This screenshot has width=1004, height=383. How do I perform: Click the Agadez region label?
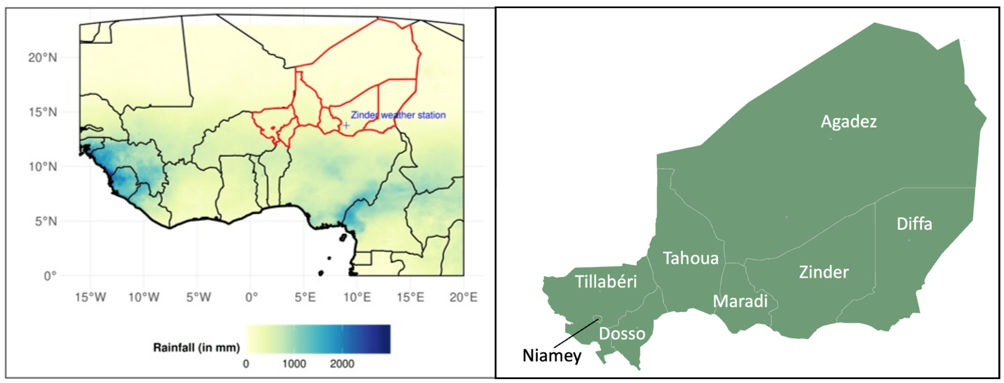[x=849, y=122]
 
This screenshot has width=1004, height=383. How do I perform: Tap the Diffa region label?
[x=914, y=224]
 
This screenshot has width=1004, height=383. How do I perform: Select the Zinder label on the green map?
[x=824, y=272]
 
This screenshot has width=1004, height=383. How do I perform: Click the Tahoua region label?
[x=691, y=258]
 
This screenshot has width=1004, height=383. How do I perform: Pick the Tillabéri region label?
[x=606, y=282]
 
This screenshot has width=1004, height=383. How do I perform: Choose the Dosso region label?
[x=622, y=333]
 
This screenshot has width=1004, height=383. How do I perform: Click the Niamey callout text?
[x=552, y=356]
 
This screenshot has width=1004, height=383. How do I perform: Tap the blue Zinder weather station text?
[x=398, y=115]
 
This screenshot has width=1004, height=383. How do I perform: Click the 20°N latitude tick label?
[x=43, y=58]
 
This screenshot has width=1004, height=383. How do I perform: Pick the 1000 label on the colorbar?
[x=294, y=364]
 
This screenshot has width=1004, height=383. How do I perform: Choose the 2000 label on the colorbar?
[x=342, y=364]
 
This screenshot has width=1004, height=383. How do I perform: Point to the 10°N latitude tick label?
[x=43, y=167]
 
